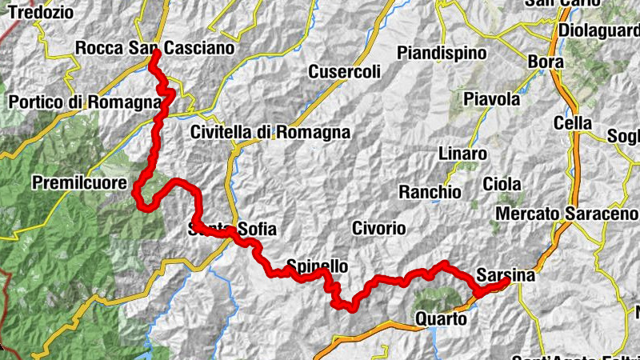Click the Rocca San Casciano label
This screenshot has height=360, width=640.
tap(155, 48)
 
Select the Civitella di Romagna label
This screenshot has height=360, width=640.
tap(270, 132)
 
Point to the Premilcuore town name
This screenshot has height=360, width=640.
tap(79, 183)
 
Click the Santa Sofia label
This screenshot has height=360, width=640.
tap(232, 230)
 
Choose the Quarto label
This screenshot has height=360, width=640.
tap(441, 318)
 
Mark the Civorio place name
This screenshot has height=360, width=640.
tap(379, 228)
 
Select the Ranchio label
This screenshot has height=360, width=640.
tap(430, 192)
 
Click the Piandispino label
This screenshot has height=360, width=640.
tap(442, 53)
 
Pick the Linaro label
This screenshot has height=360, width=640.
tap(462, 153)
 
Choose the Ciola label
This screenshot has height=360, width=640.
tap(502, 183)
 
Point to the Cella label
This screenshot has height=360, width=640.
tap(573, 123)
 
